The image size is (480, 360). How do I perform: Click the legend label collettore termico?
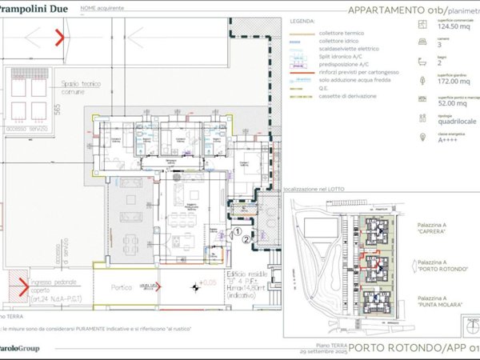point(341,32)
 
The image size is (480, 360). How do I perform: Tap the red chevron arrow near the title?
point(58,36)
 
